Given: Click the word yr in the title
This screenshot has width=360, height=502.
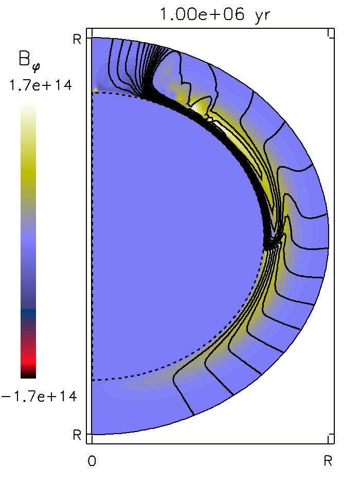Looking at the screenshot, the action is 263,15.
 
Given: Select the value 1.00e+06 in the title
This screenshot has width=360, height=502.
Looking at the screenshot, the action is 202,14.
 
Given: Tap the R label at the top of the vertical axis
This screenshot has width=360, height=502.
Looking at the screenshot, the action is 77,39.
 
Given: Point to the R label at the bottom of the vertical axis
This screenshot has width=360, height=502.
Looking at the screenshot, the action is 77,435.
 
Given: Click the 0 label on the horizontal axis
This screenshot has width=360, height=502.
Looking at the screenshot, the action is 92,461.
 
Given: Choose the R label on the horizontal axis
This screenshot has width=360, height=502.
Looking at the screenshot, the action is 328,461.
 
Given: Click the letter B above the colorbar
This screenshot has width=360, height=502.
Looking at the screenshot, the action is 24,58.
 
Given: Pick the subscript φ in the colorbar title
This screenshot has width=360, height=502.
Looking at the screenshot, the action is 35,67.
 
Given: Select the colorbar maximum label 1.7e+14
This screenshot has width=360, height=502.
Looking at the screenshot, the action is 41,85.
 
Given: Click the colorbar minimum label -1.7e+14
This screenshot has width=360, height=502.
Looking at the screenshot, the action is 39,397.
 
